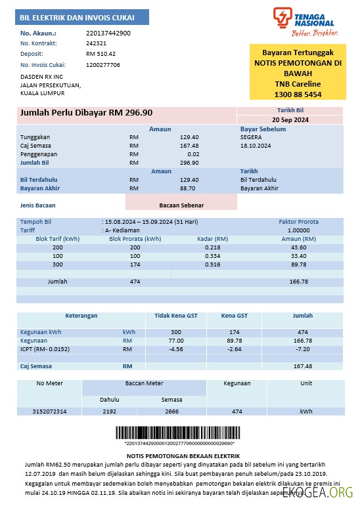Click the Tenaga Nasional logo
coord(303,22)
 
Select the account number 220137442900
coord(108,33)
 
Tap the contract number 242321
coord(96,43)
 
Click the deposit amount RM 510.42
coord(101,54)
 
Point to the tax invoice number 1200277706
coord(103,65)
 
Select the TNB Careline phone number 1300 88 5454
coord(297,95)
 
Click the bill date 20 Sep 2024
coord(290,120)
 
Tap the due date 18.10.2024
coord(254,145)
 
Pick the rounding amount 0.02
coord(193,154)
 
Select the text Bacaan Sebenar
coord(181,205)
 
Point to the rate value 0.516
coord(213,265)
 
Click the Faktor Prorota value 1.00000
coord(299,230)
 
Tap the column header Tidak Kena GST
coord(175,316)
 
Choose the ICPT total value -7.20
coord(302,350)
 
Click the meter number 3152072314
coord(50,412)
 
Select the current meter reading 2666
coord(171,412)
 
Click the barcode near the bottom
coord(179,434)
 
